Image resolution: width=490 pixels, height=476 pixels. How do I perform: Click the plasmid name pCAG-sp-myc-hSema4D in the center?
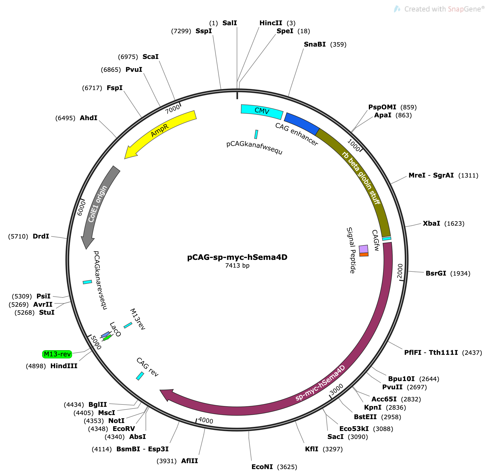click(x=237, y=257)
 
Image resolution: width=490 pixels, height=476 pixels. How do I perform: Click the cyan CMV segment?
click(x=262, y=111)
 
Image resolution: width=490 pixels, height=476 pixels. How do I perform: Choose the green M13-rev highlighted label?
click(x=57, y=354)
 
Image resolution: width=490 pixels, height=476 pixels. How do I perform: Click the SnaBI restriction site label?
click(x=315, y=44)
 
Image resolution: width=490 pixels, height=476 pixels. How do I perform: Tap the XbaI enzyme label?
click(x=431, y=223)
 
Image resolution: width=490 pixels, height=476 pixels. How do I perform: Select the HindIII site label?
click(x=64, y=366)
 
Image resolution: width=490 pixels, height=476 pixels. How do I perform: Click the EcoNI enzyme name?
click(x=262, y=467)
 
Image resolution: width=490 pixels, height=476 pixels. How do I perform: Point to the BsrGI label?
click(x=436, y=273)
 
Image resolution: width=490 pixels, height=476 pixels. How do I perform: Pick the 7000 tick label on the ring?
click(x=172, y=109)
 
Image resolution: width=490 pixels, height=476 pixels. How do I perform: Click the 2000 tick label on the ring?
click(x=400, y=271)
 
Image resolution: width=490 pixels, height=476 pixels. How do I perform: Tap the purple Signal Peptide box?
click(x=363, y=249)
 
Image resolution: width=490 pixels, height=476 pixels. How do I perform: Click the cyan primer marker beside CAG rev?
click(x=140, y=376)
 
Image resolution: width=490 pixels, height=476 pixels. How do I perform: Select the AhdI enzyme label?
click(x=89, y=118)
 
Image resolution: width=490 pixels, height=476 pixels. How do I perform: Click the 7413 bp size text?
click(x=237, y=266)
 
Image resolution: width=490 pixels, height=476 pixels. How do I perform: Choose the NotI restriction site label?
click(x=116, y=421)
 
